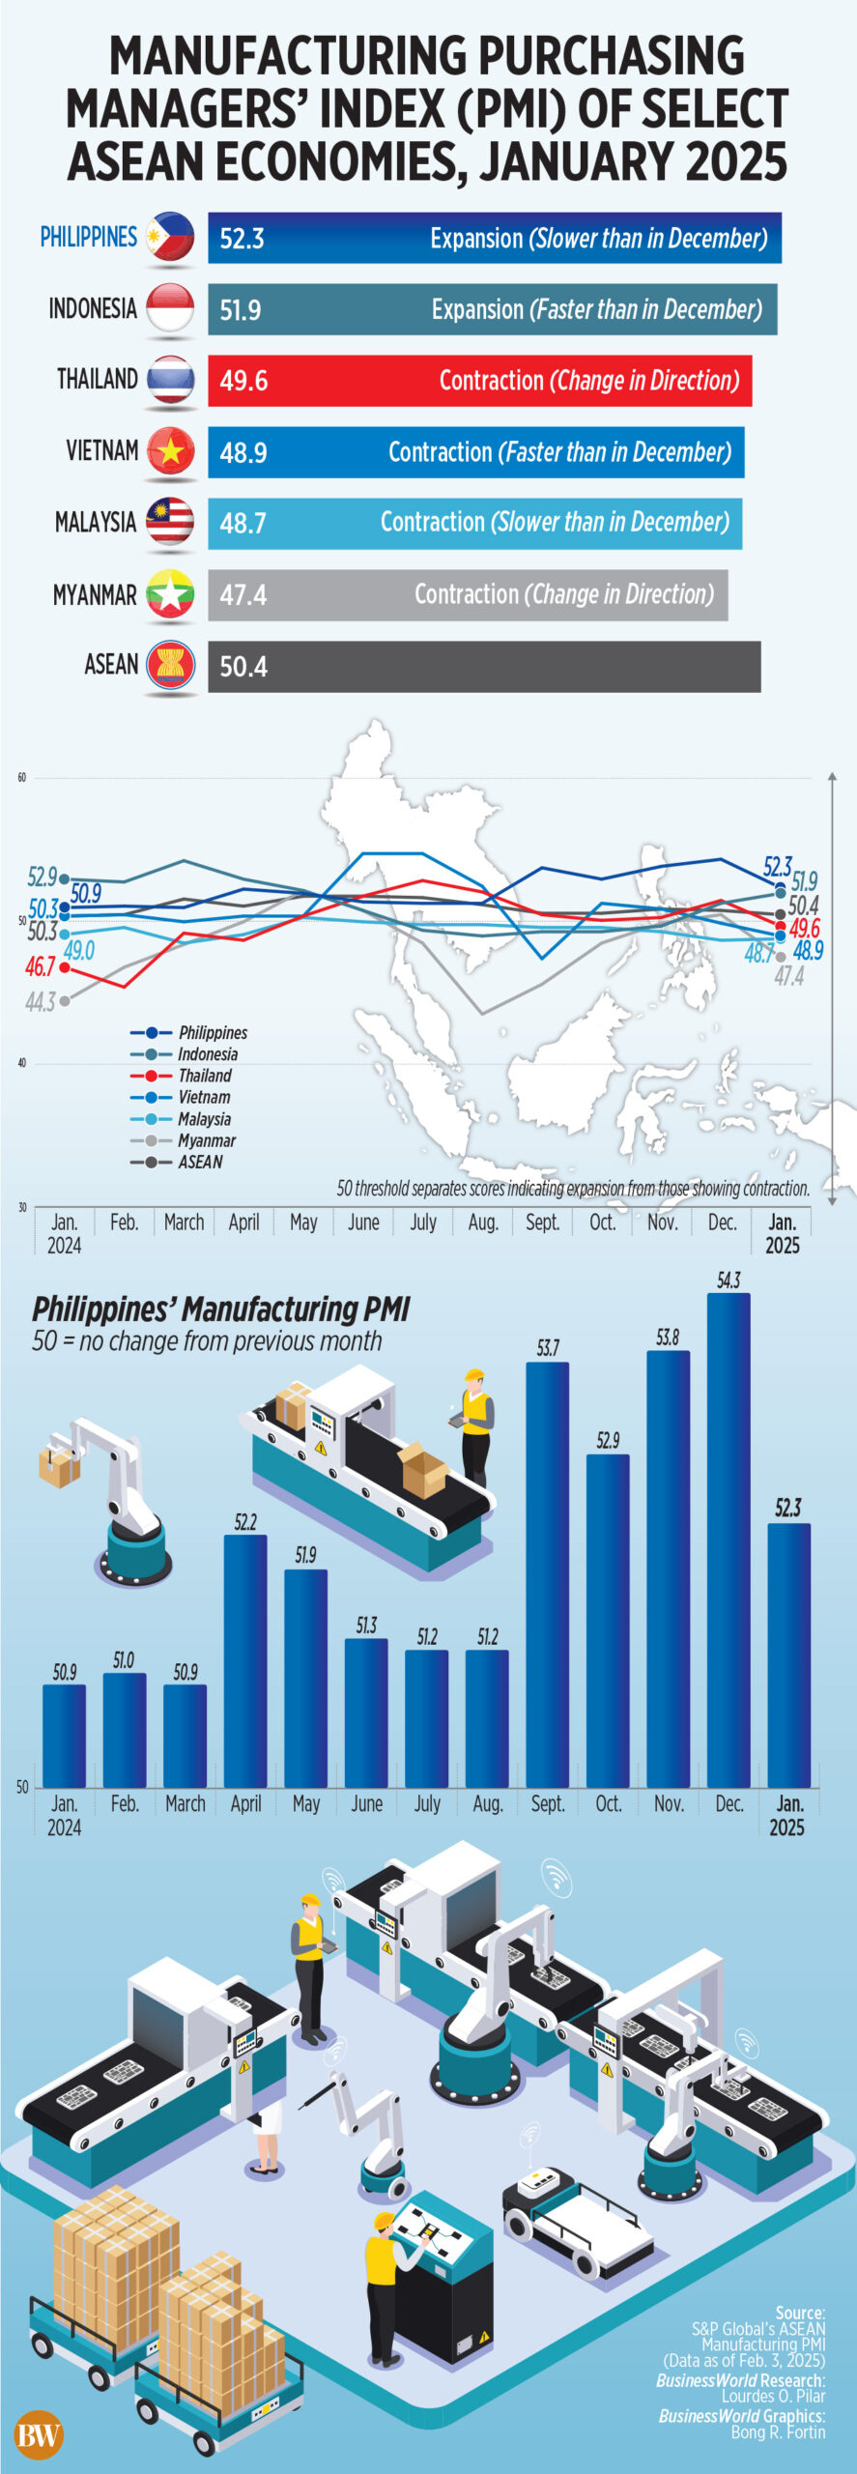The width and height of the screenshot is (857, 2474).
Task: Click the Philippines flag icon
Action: pos(170,237)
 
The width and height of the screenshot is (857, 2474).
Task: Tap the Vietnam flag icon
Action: pos(170,451)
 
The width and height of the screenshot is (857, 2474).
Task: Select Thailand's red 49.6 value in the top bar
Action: pos(243,381)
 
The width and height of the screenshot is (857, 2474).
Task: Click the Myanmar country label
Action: pos(95,595)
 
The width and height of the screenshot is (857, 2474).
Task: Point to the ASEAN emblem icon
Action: pos(170,666)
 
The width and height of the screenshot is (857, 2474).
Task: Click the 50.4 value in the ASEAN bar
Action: pos(243,667)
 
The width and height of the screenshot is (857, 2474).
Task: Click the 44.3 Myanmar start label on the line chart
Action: pos(41,1003)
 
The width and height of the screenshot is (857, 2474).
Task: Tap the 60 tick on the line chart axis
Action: pos(21,778)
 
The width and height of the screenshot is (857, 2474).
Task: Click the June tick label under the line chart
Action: pos(363,1223)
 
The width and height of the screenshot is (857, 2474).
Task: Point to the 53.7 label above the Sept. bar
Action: pos(548,1348)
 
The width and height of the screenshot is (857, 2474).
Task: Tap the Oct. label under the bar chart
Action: pos(609,1803)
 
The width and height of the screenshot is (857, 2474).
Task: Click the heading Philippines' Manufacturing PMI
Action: pos(221,1309)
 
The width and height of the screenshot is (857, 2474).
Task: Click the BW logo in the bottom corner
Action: pos(39,2435)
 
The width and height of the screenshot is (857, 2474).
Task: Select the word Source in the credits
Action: pos(800,2313)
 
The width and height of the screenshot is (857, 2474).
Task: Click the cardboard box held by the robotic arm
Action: pos(58,1466)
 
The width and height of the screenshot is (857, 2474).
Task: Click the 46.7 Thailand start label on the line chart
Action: pos(41,966)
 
